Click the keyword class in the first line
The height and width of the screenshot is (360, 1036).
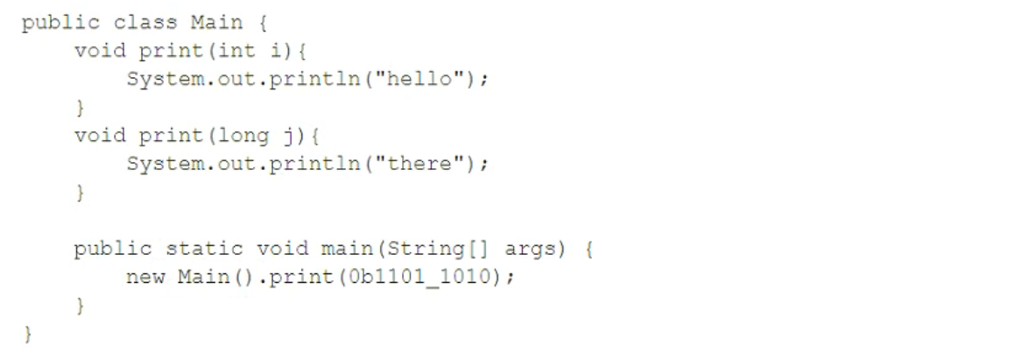click(145, 23)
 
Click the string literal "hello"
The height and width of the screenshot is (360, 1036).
click(421, 79)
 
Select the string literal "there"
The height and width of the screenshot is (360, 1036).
click(421, 163)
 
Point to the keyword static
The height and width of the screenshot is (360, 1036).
click(204, 249)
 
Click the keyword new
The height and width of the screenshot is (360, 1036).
click(145, 277)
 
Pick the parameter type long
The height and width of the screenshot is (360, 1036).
click(243, 136)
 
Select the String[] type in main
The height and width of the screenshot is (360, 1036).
click(440, 249)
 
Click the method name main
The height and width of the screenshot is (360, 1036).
click(349, 249)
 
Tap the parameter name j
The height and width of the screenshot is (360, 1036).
click(288, 137)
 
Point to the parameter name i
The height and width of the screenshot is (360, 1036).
click(276, 51)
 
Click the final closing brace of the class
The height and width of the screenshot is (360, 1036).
click(28, 334)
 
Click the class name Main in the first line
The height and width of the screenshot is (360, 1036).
click(216, 23)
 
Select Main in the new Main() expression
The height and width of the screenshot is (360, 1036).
click(203, 277)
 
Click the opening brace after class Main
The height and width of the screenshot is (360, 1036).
click(263, 23)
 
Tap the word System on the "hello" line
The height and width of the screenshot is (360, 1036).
click(165, 79)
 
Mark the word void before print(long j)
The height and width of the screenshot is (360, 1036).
click(100, 136)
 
